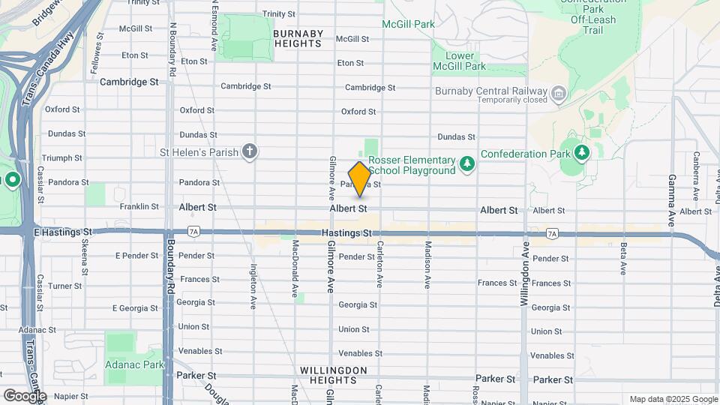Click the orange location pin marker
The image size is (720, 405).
[x=359, y=178]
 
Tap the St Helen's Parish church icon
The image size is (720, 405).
[x=250, y=152]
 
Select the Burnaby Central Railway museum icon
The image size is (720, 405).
[x=559, y=94]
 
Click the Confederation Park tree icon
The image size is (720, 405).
[x=582, y=153]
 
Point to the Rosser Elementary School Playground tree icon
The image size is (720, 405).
[x=467, y=163]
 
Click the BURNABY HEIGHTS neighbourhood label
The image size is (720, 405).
[x=298, y=39]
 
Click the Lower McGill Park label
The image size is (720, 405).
[x=459, y=61]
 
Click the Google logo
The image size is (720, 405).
[x=25, y=394]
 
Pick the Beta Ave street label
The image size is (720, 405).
[x=623, y=259]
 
